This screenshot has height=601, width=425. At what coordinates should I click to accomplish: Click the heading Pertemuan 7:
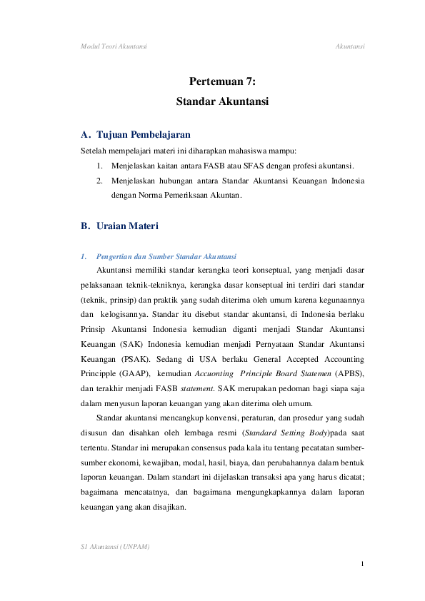pyautogui.click(x=222, y=82)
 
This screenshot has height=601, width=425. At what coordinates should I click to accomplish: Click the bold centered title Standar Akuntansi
pyautogui.click(x=222, y=102)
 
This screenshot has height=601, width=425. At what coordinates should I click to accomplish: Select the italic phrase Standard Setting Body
pyautogui.click(x=284, y=433)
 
